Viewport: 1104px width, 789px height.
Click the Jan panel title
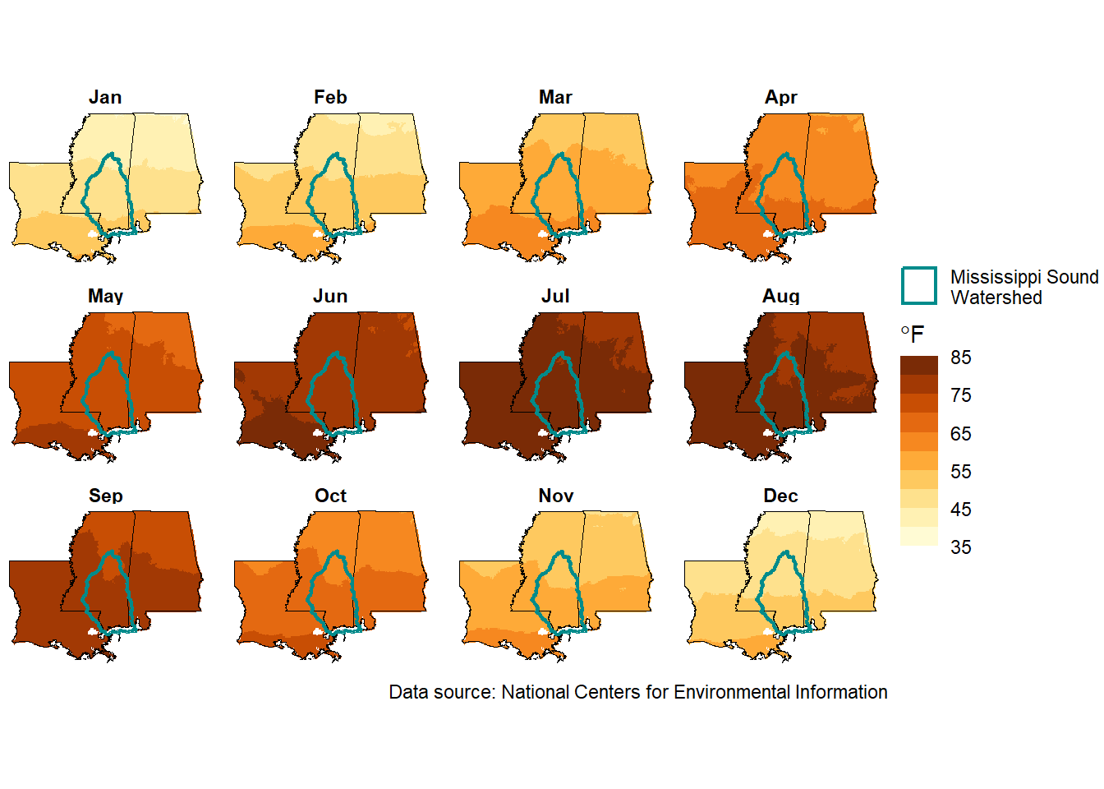click(x=105, y=97)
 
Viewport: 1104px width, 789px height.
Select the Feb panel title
click(x=330, y=97)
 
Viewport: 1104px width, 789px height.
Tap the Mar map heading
click(x=555, y=97)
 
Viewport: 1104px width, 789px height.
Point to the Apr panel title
click(x=780, y=98)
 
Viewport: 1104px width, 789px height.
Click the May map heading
click(x=105, y=297)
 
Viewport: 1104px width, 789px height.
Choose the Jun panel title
click(x=330, y=297)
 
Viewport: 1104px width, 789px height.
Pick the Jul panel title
click(x=555, y=297)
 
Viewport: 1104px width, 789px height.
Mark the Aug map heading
click(x=780, y=297)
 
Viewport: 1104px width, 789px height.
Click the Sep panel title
click(x=105, y=496)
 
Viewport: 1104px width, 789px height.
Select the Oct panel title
click(x=331, y=496)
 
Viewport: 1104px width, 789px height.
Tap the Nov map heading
click(x=556, y=496)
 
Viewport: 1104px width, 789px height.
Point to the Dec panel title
click(x=780, y=496)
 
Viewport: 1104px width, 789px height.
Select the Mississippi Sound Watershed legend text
click(x=1023, y=287)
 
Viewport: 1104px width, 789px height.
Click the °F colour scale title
click(x=913, y=335)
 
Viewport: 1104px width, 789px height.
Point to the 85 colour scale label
click(x=960, y=358)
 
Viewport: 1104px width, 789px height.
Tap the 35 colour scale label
click(x=960, y=547)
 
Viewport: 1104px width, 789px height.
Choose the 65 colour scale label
click(x=960, y=434)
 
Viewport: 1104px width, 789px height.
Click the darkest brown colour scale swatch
click(x=918, y=366)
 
